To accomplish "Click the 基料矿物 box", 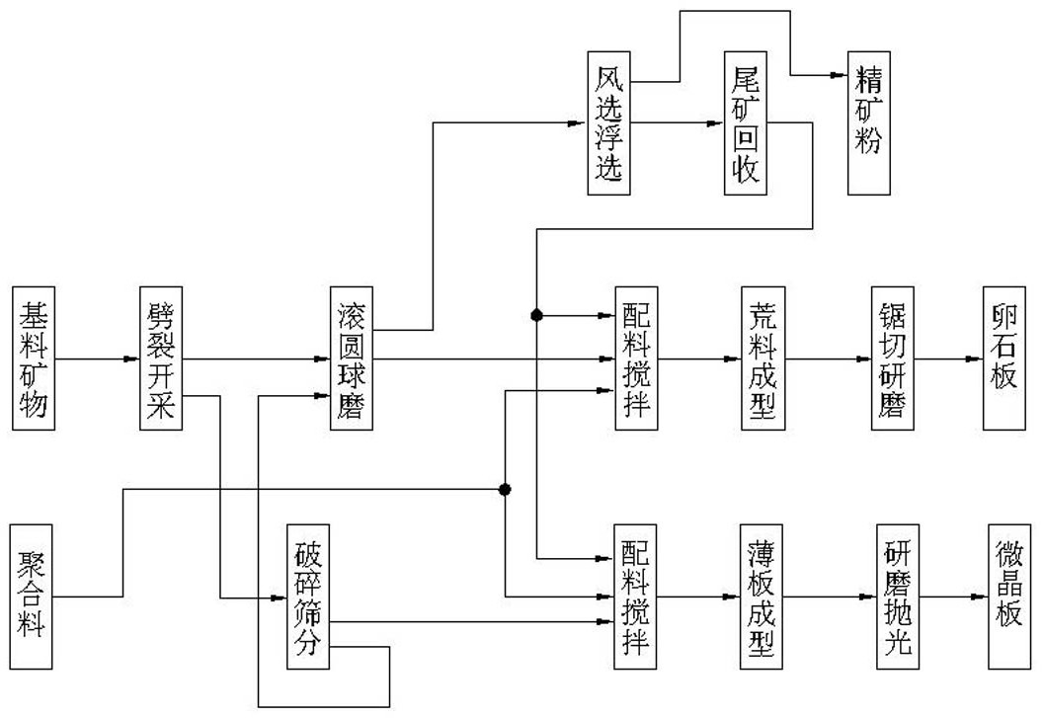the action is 34,358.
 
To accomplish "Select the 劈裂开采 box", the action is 161,358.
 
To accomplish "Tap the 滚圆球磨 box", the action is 352,358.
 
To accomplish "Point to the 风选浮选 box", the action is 608,123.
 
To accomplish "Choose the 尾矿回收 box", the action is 746,123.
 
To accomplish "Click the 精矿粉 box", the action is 869,123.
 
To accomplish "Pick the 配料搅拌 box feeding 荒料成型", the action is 637,358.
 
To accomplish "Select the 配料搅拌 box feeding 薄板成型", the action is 635,597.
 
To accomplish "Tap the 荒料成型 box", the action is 762,358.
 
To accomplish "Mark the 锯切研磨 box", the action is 893,358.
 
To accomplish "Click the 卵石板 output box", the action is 1004,358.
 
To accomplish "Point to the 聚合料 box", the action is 31,597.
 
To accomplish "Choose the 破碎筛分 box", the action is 308,597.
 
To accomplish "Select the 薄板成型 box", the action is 761,597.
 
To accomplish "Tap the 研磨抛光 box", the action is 898,597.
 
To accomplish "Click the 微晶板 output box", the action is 1009,597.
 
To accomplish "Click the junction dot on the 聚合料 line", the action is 505,490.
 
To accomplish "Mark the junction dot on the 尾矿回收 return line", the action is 536,315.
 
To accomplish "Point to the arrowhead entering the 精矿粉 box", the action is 840,75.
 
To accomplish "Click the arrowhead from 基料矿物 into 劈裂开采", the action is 131,359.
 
